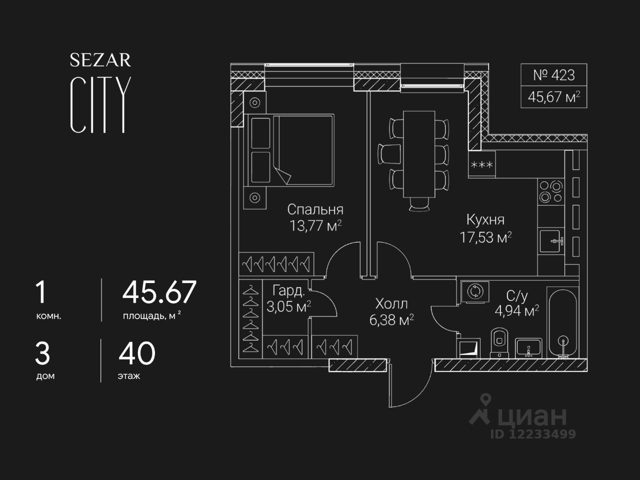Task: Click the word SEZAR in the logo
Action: (100, 60)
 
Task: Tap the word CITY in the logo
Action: (100, 105)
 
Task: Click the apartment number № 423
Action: (553, 75)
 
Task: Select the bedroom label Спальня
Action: (315, 209)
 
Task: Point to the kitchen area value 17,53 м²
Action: (485, 237)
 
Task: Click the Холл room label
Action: (391, 303)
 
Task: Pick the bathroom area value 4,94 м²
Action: (516, 311)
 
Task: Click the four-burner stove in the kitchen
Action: (550, 191)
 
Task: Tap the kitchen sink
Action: (551, 241)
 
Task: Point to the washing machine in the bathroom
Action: (472, 292)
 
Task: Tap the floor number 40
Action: (137, 353)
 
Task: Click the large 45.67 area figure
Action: (159, 292)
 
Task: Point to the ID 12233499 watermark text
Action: (532, 434)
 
